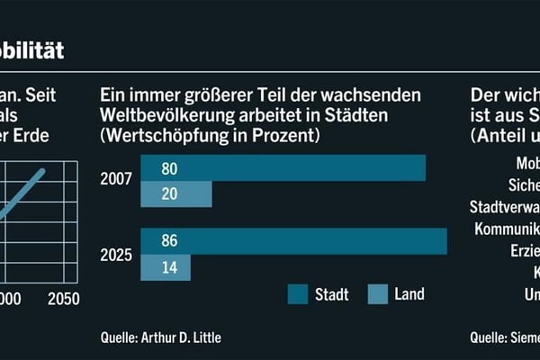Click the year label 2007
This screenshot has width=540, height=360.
[x=116, y=179]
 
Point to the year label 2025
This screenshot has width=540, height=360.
[x=116, y=255]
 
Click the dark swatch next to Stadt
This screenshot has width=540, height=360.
[x=299, y=294]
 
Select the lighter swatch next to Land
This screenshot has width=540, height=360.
[x=378, y=294]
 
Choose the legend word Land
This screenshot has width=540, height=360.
[x=409, y=294]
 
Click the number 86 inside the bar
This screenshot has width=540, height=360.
[x=169, y=242]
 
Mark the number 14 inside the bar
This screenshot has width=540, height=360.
[x=169, y=267]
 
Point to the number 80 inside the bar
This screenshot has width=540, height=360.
[x=169, y=168]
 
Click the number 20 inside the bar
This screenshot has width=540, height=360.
[x=169, y=194]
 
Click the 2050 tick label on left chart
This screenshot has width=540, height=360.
[x=63, y=299]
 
